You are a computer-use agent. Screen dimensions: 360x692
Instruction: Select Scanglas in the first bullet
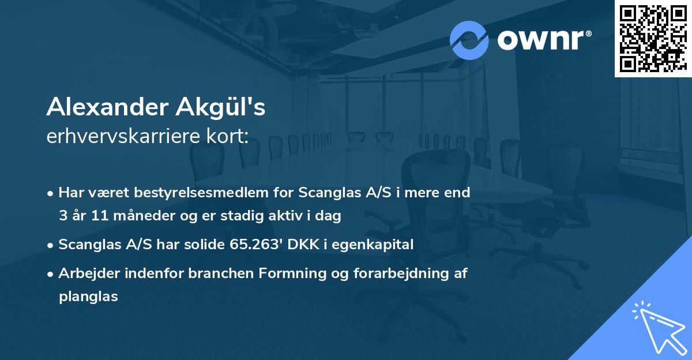coord(324,193)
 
